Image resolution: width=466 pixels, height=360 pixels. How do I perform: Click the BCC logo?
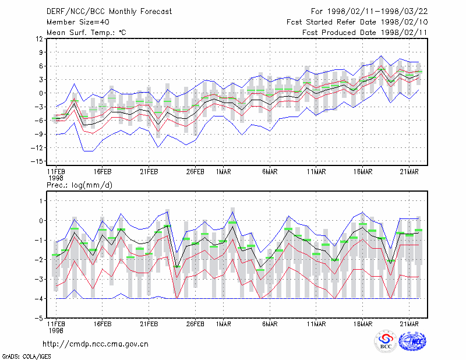(x=386, y=341)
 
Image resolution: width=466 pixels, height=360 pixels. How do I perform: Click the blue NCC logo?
(x=412, y=341)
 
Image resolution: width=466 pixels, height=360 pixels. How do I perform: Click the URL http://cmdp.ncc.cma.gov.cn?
(x=96, y=344)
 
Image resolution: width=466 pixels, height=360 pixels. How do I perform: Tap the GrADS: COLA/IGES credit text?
(x=26, y=357)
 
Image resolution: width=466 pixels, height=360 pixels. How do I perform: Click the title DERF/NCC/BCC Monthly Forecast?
(x=109, y=12)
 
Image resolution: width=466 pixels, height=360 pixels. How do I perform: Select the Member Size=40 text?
(x=78, y=22)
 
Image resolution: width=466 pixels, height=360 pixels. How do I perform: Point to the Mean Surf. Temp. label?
(x=86, y=33)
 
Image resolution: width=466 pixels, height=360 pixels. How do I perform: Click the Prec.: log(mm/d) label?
(x=79, y=185)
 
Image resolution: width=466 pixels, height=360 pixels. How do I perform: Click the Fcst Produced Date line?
(x=365, y=33)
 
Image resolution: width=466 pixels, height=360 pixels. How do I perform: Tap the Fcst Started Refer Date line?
(x=357, y=22)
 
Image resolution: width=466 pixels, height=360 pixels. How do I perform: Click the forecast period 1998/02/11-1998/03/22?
(x=377, y=12)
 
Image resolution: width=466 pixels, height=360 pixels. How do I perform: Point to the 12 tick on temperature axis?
(x=40, y=38)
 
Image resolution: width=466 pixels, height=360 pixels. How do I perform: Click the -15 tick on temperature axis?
(x=37, y=161)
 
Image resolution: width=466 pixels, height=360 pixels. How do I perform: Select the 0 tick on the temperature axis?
(x=41, y=93)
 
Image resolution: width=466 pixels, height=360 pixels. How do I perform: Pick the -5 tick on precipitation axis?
(x=39, y=318)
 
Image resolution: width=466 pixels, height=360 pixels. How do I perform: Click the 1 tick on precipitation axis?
(x=41, y=201)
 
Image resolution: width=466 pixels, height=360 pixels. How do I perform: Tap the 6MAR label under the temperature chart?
(x=270, y=172)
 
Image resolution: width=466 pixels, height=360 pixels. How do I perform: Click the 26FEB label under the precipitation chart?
(x=195, y=324)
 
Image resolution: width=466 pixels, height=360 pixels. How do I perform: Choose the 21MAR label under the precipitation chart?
(x=409, y=324)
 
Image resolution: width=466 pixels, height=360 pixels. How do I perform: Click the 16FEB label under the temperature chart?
(x=103, y=172)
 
